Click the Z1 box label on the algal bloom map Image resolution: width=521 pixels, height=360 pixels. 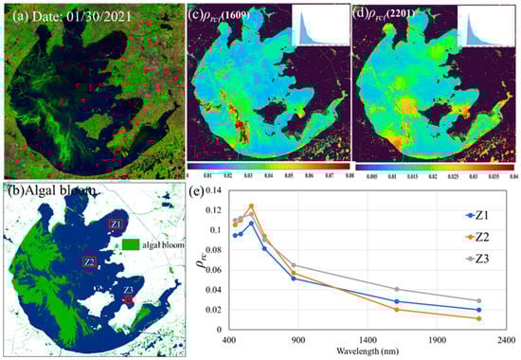(116, 225)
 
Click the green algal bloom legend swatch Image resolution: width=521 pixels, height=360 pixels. (126, 243)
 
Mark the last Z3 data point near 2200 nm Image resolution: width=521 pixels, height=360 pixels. (480, 300)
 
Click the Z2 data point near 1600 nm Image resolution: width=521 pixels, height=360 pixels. (397, 309)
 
